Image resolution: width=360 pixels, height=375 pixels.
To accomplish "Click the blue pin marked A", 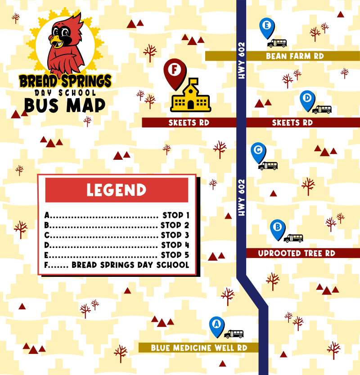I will coord(216,325).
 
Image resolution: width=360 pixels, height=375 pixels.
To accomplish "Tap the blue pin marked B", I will coord(277,228).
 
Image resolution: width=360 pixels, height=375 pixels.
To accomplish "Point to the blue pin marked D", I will coord(307,99).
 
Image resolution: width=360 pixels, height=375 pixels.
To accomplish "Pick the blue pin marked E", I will coord(267,27).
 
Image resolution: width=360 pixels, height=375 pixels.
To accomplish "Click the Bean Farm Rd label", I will coord(295,56).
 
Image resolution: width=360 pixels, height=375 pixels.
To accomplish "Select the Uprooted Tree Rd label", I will coord(297,253).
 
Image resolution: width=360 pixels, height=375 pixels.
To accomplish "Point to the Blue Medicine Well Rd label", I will coord(199,348).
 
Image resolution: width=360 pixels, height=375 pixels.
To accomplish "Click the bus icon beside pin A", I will coord(234,334).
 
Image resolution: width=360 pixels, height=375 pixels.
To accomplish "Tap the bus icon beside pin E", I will coord(277,43).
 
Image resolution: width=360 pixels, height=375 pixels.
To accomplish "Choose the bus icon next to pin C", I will coord(268,166).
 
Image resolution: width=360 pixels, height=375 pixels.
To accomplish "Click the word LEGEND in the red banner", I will coord(117,190).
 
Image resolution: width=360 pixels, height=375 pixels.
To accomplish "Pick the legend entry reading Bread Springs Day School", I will coord(130,265).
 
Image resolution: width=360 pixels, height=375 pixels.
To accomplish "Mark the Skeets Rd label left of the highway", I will coord(189,122).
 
